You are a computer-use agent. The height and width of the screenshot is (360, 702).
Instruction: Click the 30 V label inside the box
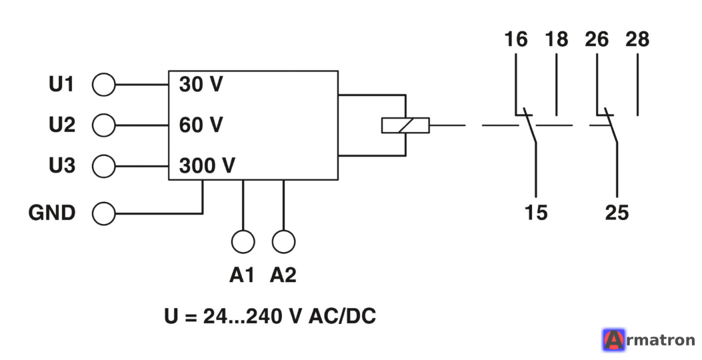click(201, 84)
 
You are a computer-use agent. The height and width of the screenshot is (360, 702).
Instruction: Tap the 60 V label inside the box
click(201, 125)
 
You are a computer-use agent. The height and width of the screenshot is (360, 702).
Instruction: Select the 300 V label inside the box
click(207, 166)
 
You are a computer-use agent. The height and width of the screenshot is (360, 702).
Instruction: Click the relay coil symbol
click(405, 125)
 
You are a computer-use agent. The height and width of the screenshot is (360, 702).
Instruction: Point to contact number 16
click(516, 39)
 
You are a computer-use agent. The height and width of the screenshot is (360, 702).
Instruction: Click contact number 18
click(557, 39)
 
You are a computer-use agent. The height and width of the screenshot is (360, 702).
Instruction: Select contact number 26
click(597, 39)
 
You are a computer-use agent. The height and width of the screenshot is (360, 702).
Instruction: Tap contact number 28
click(637, 39)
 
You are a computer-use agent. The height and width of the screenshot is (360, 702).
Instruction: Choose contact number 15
click(536, 212)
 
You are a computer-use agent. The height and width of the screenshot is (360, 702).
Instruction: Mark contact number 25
click(617, 212)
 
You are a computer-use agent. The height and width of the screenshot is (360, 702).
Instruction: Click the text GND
click(52, 213)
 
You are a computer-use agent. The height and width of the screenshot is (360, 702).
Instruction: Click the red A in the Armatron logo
click(614, 340)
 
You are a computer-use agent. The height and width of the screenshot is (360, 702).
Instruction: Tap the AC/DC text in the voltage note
click(343, 316)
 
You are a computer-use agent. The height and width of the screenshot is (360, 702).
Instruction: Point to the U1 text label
click(61, 84)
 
